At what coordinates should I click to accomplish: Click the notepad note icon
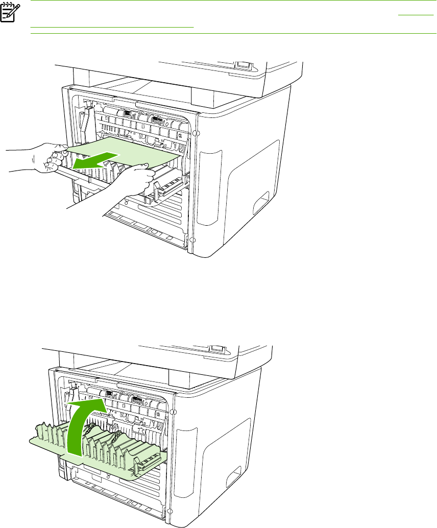pos(8,14)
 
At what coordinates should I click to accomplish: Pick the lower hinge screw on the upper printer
pos(192,241)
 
